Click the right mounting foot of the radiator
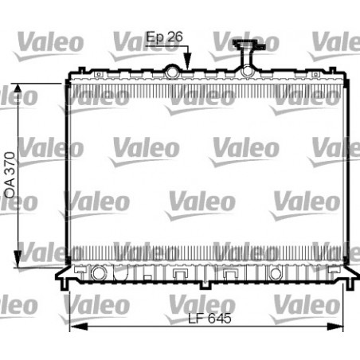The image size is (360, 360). pos(347,280)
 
